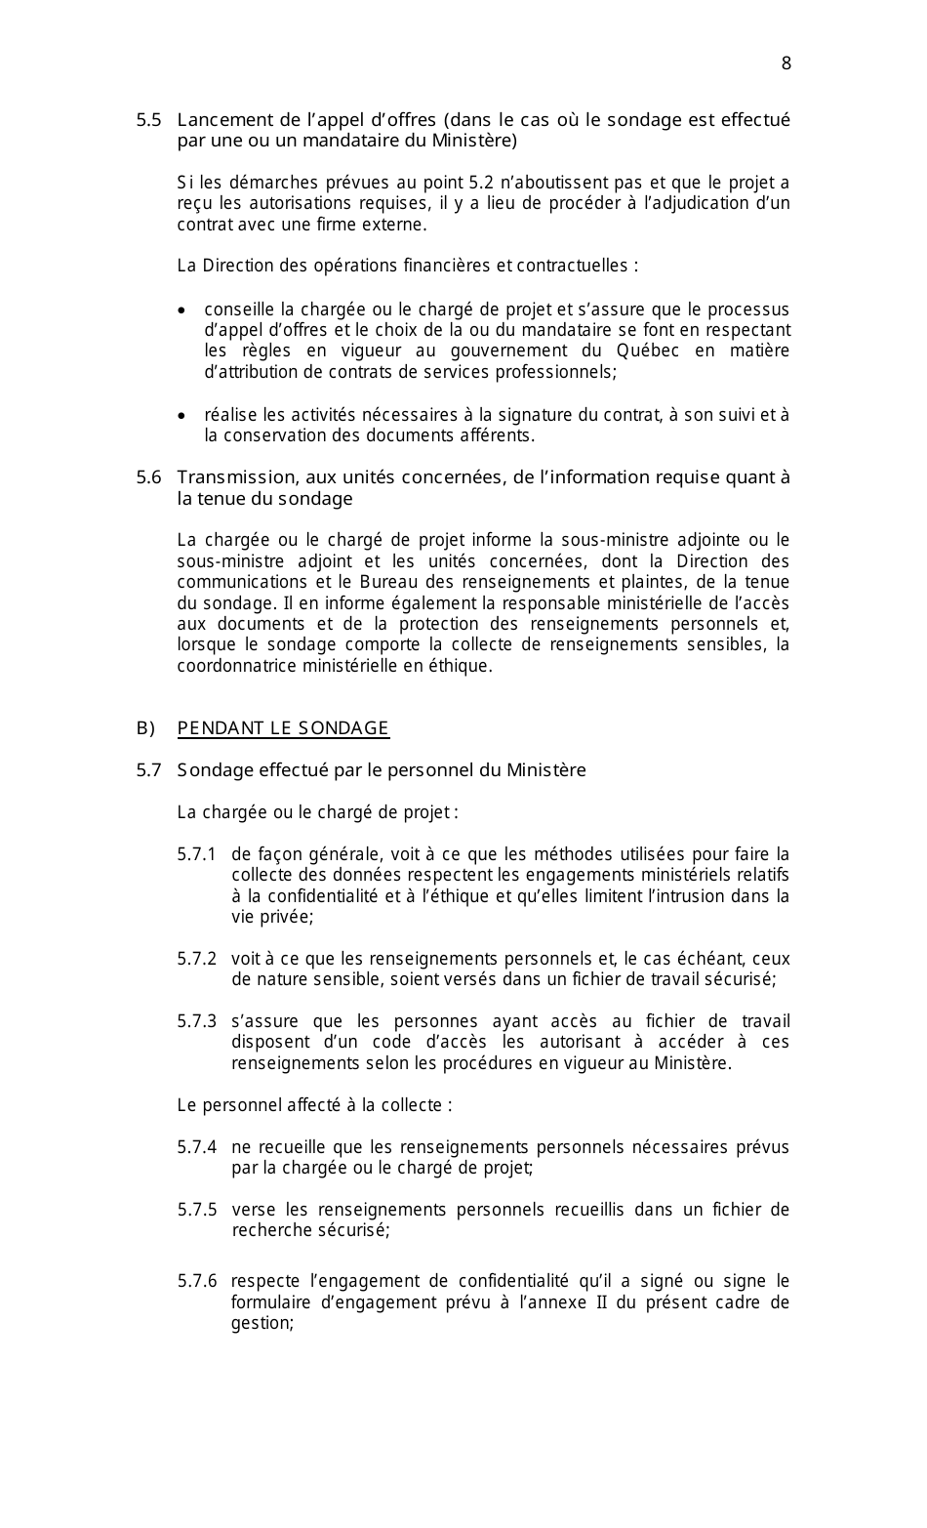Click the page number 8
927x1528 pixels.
click(786, 63)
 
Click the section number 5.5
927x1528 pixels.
click(148, 120)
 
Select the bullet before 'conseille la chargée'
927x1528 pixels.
click(182, 310)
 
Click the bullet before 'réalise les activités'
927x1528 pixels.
click(182, 416)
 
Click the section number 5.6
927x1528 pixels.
click(148, 477)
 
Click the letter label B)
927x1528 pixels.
click(146, 728)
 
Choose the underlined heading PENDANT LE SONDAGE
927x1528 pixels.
click(283, 728)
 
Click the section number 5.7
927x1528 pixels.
click(148, 770)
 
